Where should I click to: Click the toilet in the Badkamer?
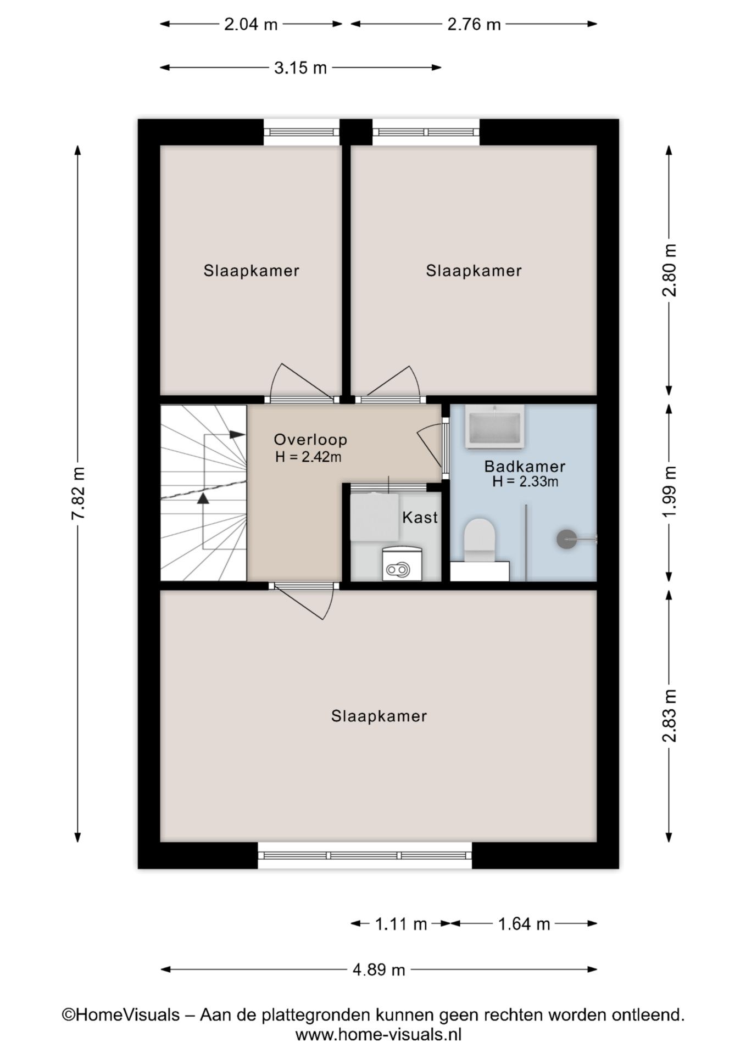tap(480, 541)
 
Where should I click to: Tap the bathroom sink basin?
tap(494, 427)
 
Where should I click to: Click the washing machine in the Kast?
tap(402, 564)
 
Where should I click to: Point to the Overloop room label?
tap(310, 439)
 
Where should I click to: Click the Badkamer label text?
tap(525, 467)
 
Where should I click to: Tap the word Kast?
tap(420, 517)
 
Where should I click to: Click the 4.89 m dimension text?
tap(379, 970)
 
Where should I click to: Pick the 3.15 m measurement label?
tap(300, 68)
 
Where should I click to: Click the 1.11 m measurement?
tap(401, 924)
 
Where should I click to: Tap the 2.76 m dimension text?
tap(474, 24)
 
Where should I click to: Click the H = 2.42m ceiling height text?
tap(308, 457)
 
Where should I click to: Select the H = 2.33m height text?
tap(525, 482)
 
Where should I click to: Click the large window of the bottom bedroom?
tap(365, 855)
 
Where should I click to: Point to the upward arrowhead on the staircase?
tap(203, 498)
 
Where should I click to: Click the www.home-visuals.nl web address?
tap(378, 1035)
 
